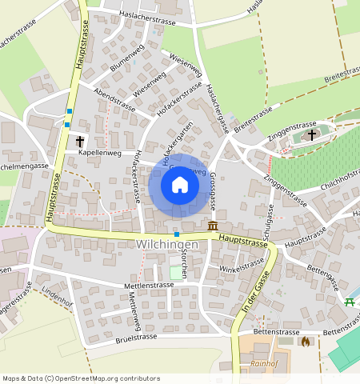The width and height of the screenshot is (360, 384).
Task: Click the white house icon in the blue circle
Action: click(x=180, y=185)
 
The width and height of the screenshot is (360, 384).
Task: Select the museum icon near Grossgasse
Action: click(x=213, y=226)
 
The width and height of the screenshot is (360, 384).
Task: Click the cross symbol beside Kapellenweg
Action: click(x=80, y=142)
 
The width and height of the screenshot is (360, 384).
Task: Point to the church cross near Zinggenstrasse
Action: click(x=311, y=135)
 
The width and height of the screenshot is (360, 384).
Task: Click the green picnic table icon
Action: click(x=350, y=302)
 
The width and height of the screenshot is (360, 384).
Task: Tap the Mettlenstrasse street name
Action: click(x=149, y=285)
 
